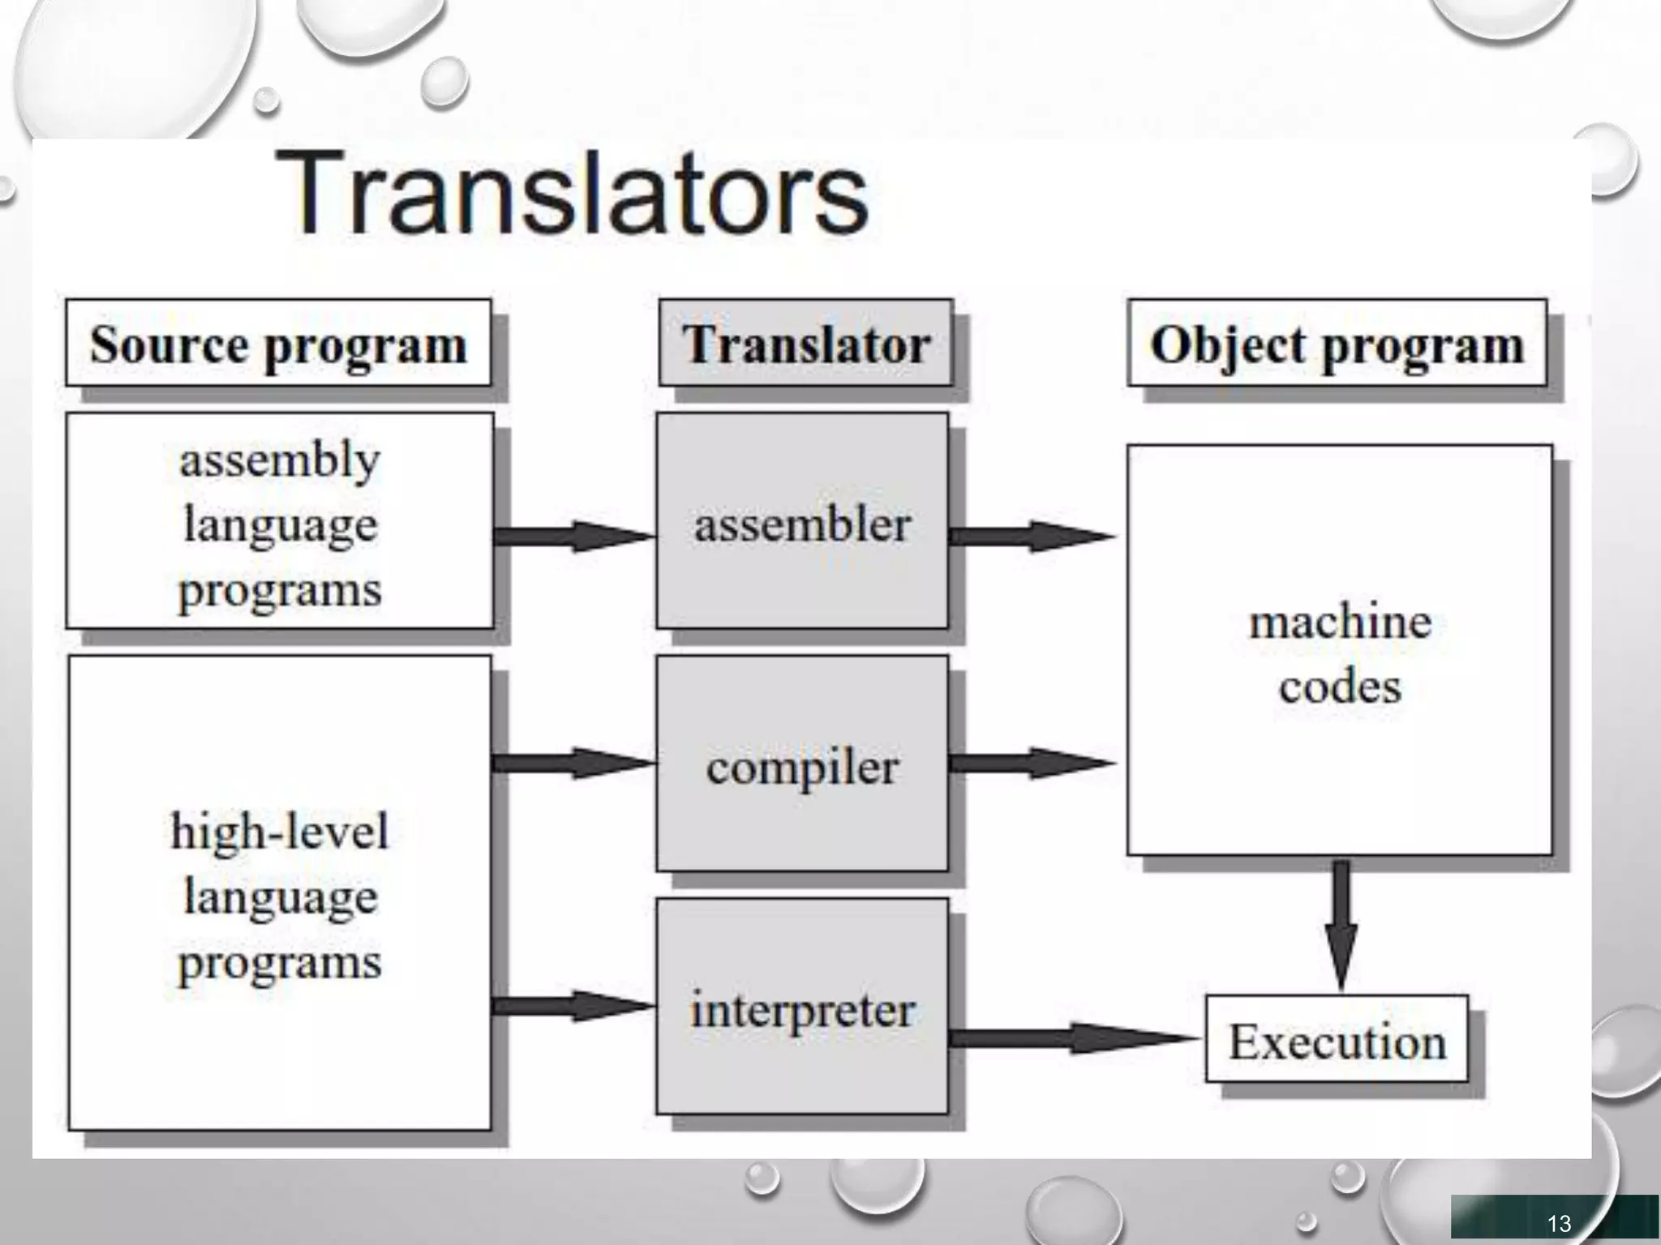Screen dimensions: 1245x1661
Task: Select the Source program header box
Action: coord(278,344)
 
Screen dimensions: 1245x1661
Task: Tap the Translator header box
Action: coord(805,344)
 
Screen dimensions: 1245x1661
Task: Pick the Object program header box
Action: coord(1337,344)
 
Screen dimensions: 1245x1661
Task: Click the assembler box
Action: coord(802,522)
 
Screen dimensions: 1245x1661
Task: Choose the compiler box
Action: coord(802,765)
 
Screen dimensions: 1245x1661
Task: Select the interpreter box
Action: coord(802,1008)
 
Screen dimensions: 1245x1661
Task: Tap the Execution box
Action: coord(1337,1040)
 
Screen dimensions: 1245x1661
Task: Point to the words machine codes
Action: coord(1340,653)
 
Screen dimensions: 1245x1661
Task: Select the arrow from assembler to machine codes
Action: coord(1032,536)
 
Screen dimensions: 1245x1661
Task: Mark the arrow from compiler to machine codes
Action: coord(1032,763)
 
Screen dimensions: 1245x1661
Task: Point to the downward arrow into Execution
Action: coord(1341,924)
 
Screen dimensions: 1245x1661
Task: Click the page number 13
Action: coord(1559,1223)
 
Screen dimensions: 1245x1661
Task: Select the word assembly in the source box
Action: coord(280,460)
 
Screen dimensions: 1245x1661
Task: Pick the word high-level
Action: coord(280,832)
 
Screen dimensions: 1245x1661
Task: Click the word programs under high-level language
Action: coord(280,963)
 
